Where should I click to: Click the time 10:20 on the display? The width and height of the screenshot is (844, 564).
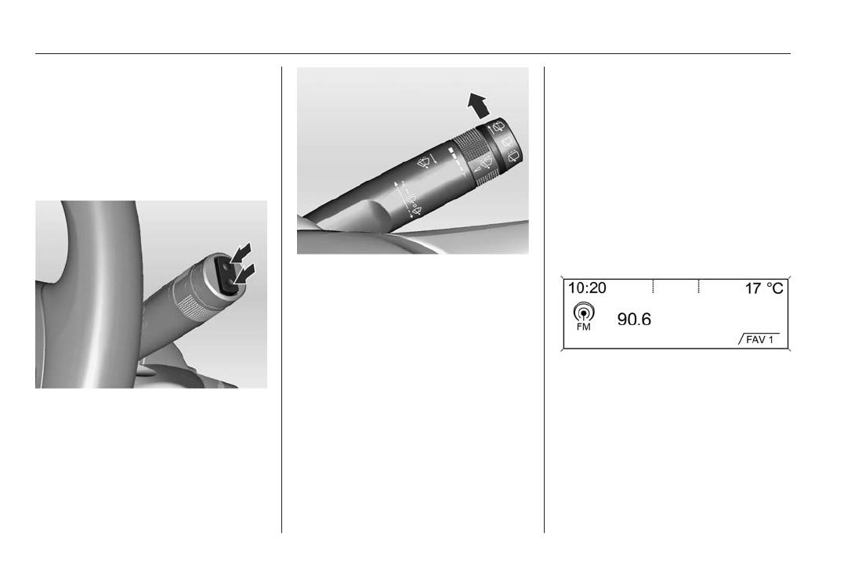[587, 288]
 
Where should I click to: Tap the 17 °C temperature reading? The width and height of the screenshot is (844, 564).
[764, 289]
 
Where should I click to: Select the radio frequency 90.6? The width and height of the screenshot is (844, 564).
[634, 320]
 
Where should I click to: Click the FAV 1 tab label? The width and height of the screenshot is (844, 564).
[759, 340]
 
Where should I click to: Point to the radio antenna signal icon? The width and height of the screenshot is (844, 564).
[584, 312]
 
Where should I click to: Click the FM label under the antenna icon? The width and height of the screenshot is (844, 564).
[584, 327]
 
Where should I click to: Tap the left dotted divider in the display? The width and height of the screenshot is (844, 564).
[653, 286]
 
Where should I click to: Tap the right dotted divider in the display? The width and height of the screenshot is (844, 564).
[699, 286]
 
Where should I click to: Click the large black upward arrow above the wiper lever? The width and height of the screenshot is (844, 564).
[478, 106]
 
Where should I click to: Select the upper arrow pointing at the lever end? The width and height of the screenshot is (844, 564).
[241, 252]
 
